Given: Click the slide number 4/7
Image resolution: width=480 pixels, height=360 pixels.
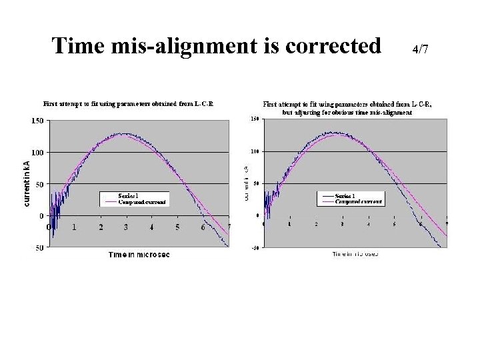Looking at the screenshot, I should (420, 49).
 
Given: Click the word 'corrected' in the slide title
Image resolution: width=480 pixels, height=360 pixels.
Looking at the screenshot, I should (333, 46).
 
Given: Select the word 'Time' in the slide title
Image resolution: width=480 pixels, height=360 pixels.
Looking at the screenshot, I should (75, 46).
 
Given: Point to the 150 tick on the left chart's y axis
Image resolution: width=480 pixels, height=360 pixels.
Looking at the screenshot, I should (37, 121).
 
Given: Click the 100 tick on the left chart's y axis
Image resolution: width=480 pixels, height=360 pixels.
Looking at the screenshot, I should (37, 153).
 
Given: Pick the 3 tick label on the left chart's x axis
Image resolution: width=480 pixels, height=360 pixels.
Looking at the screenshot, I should (127, 227).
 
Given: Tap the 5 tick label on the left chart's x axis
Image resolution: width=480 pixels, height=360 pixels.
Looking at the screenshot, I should (177, 227).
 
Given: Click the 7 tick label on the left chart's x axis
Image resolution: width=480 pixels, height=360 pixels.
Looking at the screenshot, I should (228, 227).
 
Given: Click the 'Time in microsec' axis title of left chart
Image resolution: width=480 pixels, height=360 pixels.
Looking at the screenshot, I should (139, 255).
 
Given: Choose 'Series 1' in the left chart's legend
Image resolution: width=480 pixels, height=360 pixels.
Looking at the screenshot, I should (128, 195).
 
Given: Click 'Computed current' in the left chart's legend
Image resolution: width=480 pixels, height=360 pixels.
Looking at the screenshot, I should (143, 201).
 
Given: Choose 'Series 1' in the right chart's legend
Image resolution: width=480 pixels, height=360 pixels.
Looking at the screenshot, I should (345, 195).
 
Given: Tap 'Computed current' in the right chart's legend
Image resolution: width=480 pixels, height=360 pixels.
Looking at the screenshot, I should (359, 201).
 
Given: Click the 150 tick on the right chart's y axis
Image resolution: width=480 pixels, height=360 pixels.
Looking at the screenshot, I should (254, 120).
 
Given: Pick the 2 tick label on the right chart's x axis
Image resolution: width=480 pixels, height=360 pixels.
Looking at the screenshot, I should (316, 225).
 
